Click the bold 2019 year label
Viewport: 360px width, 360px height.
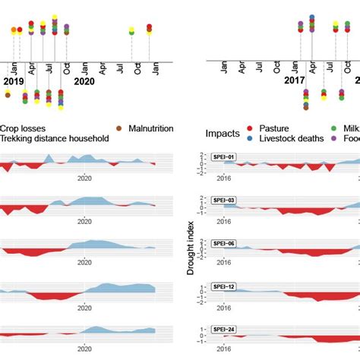pos(14,81)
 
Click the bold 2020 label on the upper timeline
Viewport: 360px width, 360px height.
pos(84,81)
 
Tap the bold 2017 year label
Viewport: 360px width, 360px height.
pos(294,80)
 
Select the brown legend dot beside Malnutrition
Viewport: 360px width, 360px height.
pos(120,128)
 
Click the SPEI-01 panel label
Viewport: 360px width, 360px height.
pos(223,157)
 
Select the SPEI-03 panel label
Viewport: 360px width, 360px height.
pos(223,201)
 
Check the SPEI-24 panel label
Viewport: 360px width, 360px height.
pos(223,330)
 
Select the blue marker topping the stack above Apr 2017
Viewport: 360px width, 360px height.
pos(312,16)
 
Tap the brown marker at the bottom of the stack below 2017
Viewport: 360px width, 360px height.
pos(305,107)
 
